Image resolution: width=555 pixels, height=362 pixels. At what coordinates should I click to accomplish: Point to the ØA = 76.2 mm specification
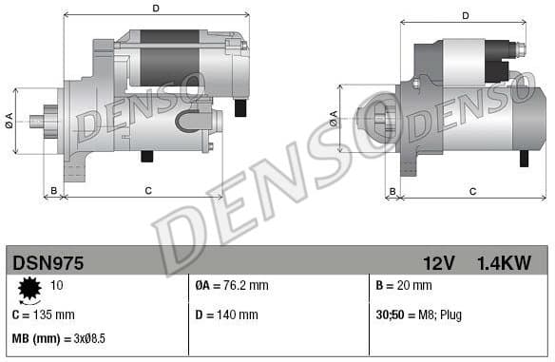tap(231, 285)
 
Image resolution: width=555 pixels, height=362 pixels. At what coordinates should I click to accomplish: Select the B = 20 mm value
tap(404, 285)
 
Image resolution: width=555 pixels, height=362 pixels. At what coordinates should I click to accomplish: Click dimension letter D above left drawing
tap(155, 9)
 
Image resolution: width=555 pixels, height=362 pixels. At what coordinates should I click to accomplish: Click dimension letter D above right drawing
tap(466, 15)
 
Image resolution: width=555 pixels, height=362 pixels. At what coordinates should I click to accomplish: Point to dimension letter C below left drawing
tap(148, 191)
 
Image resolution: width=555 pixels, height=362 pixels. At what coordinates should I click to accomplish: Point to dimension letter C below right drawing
tap(472, 191)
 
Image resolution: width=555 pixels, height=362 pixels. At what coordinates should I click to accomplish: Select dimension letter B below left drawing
tap(54, 191)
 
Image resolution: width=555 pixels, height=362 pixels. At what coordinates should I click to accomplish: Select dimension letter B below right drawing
tap(392, 191)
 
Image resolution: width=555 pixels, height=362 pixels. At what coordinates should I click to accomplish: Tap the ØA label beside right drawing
tap(333, 119)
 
